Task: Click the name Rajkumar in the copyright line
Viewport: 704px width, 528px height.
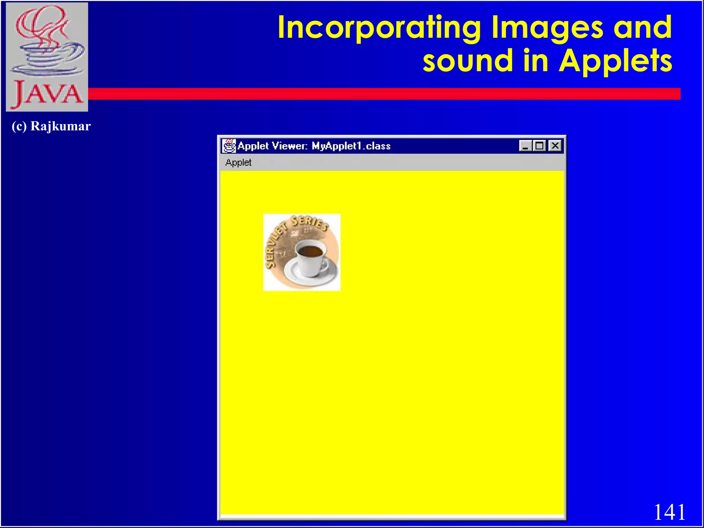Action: tap(60, 126)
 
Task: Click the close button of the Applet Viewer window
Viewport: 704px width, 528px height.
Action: tap(555, 146)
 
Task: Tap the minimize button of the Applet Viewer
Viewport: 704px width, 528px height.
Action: tap(525, 146)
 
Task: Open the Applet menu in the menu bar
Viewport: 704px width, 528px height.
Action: tap(238, 163)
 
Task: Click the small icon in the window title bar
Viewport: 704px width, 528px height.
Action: tap(229, 146)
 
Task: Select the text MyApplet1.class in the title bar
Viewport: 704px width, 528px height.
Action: tap(351, 146)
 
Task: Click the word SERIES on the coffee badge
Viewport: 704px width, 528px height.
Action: tap(309, 222)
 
